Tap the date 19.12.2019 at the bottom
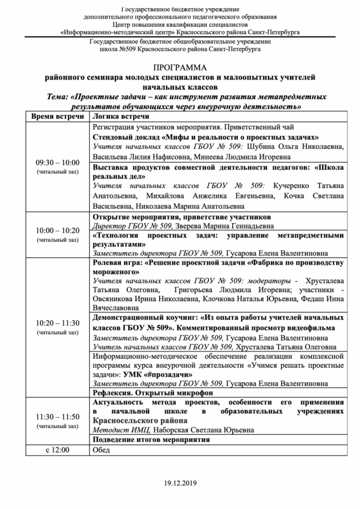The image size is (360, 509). pos(180,483)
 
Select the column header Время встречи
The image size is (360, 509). pos(57,116)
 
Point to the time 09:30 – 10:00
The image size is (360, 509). pos(57,163)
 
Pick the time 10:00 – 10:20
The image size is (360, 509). pos(57,231)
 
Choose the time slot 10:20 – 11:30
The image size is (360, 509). pos(57,323)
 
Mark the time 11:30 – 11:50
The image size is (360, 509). pos(57,417)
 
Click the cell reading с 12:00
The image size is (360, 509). pos(57,450)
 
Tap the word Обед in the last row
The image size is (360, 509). pos(101,450)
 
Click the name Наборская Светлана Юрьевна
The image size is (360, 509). pos(207,430)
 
